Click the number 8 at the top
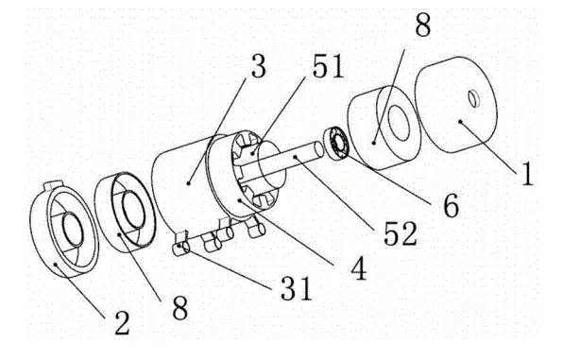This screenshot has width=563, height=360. [422, 26]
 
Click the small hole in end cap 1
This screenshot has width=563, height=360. [471, 97]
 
